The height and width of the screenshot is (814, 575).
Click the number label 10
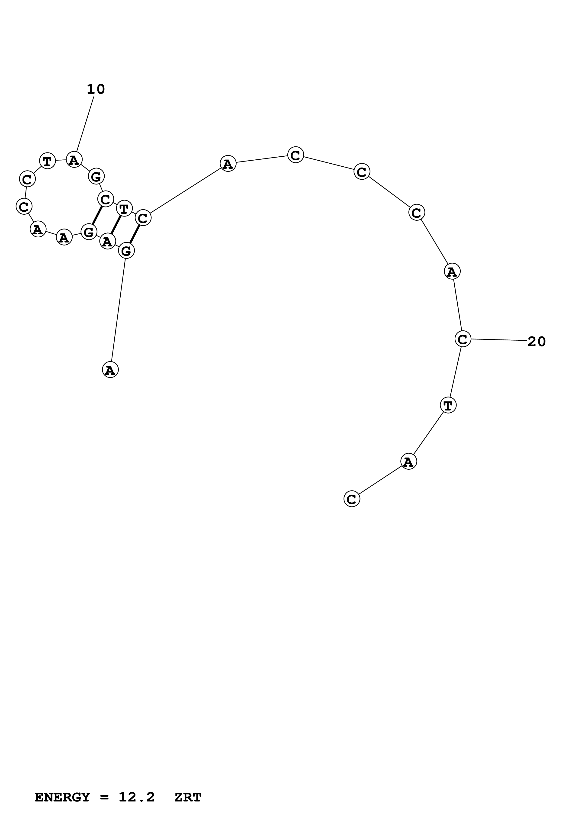(96, 89)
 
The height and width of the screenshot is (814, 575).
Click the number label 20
(536, 342)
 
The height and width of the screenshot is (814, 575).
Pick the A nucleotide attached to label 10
(74, 160)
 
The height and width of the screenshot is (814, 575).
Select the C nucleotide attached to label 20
(463, 339)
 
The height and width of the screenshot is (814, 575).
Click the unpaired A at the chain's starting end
(110, 370)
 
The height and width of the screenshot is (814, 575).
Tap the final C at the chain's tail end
(351, 499)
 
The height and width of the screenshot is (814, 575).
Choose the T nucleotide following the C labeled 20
(448, 405)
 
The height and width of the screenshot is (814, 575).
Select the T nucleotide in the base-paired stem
(124, 208)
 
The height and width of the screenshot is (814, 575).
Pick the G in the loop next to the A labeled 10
(96, 176)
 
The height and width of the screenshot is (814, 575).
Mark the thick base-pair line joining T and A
(116, 225)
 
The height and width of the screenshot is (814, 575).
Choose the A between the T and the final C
(408, 462)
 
